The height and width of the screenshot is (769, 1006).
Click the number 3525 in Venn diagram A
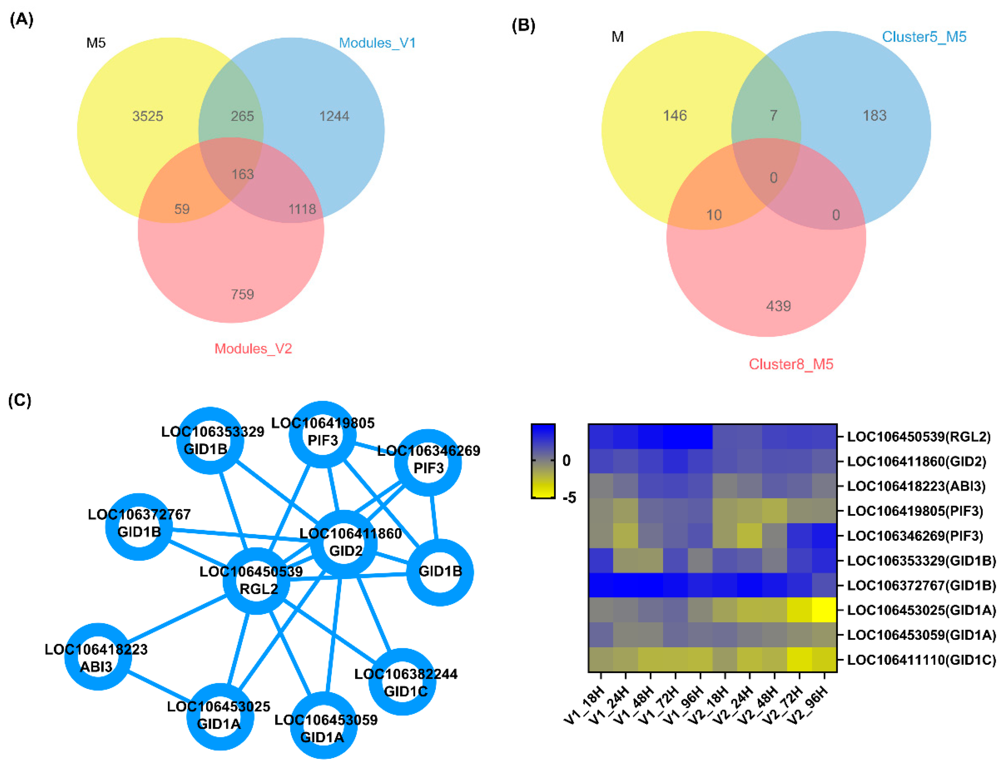147,116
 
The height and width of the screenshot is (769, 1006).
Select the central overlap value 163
242,175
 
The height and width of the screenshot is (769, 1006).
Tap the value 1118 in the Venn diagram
302,209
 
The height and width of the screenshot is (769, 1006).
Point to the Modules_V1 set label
377,43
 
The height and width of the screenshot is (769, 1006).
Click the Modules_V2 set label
253,349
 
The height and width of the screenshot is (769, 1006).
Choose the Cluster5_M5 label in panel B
924,37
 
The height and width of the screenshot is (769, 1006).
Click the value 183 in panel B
874,115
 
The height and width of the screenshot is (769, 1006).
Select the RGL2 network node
256,580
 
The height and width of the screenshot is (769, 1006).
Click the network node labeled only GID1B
440,572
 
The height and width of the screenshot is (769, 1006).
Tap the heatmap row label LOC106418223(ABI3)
916,486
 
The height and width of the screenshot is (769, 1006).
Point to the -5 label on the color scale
569,498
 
